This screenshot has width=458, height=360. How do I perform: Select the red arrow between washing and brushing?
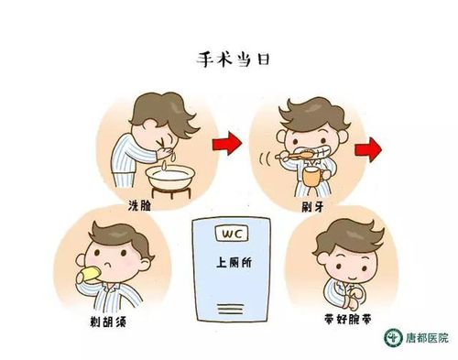[x=227, y=142]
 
